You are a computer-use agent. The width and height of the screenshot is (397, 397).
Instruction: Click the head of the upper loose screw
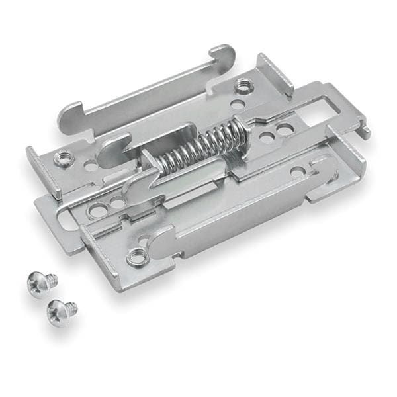[x=35, y=283]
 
